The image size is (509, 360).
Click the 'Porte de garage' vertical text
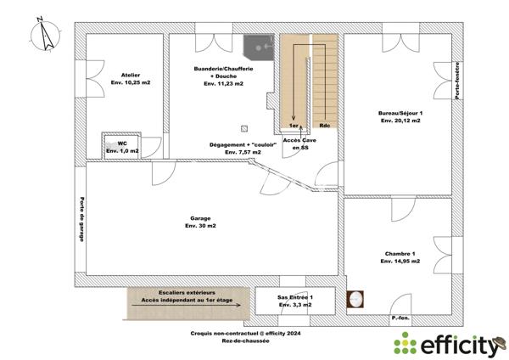(x=81, y=220)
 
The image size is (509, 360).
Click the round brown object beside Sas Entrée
(x=356, y=299)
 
